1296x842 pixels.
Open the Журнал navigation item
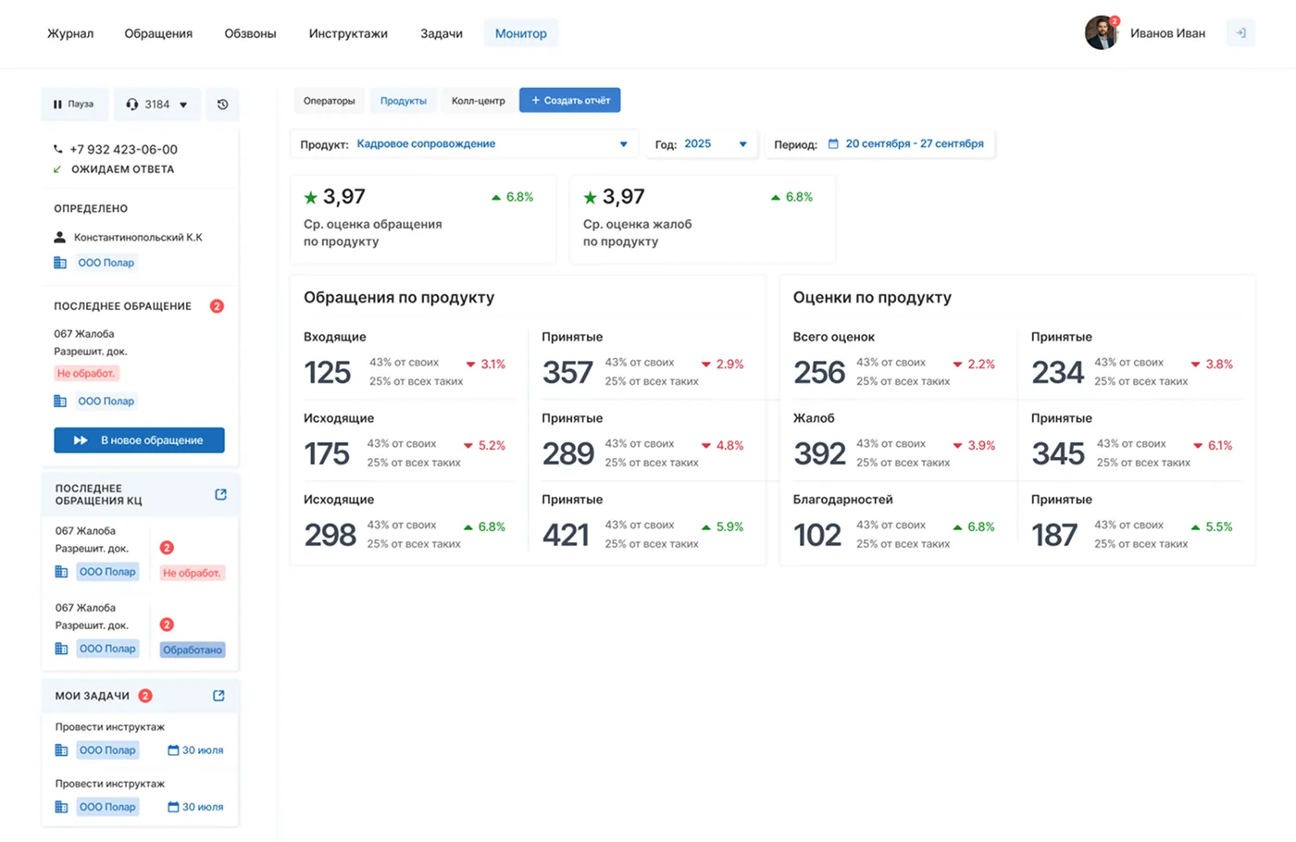point(70,33)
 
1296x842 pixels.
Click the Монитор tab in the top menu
point(520,33)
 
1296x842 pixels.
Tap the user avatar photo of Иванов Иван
point(1101,33)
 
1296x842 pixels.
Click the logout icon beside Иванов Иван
point(1240,33)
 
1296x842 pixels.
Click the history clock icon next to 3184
point(222,105)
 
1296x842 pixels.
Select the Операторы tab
point(329,101)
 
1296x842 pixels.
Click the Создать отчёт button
point(569,100)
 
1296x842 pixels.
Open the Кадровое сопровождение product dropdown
point(492,144)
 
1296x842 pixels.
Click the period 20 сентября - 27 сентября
point(914,144)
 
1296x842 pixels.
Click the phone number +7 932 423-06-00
point(123,149)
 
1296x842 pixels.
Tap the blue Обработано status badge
point(193,650)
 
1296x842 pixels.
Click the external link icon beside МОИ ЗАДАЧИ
point(218,696)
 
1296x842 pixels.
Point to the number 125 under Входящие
point(328,372)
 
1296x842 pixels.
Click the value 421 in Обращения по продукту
point(566,535)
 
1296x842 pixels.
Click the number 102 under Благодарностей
point(817,535)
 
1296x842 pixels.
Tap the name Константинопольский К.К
point(138,238)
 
